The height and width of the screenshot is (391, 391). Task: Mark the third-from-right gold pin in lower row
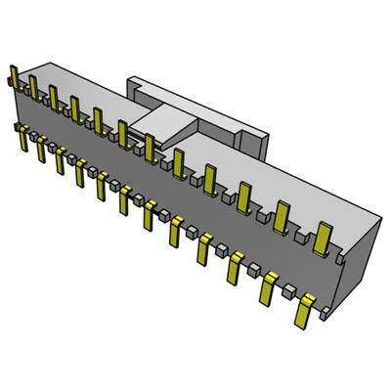tap(236, 267)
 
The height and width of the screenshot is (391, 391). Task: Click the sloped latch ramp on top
tap(166, 124)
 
